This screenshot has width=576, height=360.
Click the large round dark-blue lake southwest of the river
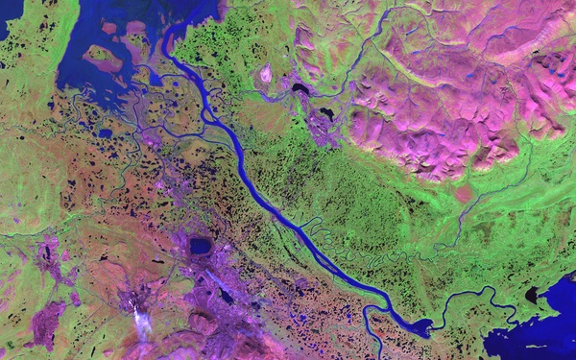[200, 246]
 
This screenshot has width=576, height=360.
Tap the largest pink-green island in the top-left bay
[104, 59]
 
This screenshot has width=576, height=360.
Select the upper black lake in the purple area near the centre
[301, 89]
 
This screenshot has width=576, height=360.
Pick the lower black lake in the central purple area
[326, 113]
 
